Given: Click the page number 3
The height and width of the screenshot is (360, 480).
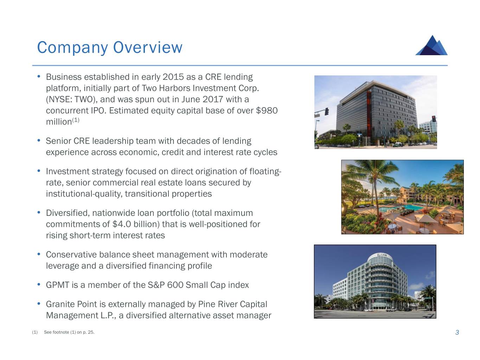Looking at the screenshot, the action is (x=457, y=332).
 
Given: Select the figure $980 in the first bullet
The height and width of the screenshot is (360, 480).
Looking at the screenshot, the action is (x=267, y=110).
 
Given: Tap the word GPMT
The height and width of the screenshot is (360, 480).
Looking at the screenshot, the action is (x=58, y=285).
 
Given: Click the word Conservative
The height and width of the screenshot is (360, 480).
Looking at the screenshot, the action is (x=71, y=255).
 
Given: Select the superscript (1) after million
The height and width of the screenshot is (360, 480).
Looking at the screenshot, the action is (x=76, y=120).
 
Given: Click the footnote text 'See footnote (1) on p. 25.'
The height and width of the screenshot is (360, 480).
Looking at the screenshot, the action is (x=69, y=332).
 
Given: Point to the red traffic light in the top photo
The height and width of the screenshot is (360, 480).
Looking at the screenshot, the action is (x=434, y=119).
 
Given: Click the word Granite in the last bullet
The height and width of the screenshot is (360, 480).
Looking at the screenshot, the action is (x=59, y=304).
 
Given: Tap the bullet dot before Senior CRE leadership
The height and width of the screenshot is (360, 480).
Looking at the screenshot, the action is (x=39, y=140).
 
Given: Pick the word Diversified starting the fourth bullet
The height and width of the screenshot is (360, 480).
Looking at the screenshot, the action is (x=68, y=213).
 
